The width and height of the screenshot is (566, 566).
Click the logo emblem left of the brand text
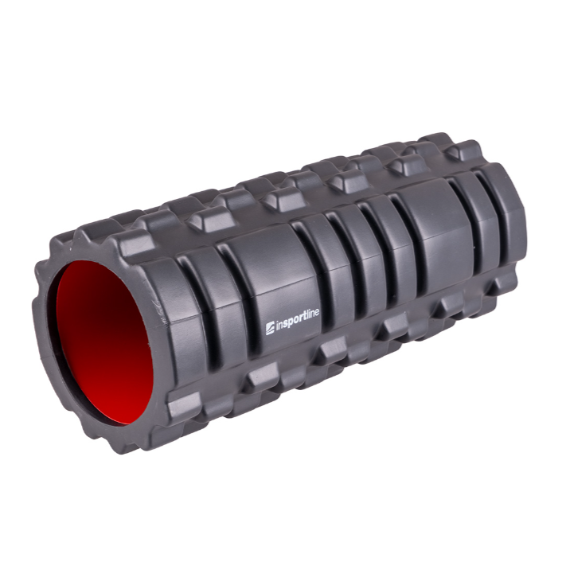point(270,328)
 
